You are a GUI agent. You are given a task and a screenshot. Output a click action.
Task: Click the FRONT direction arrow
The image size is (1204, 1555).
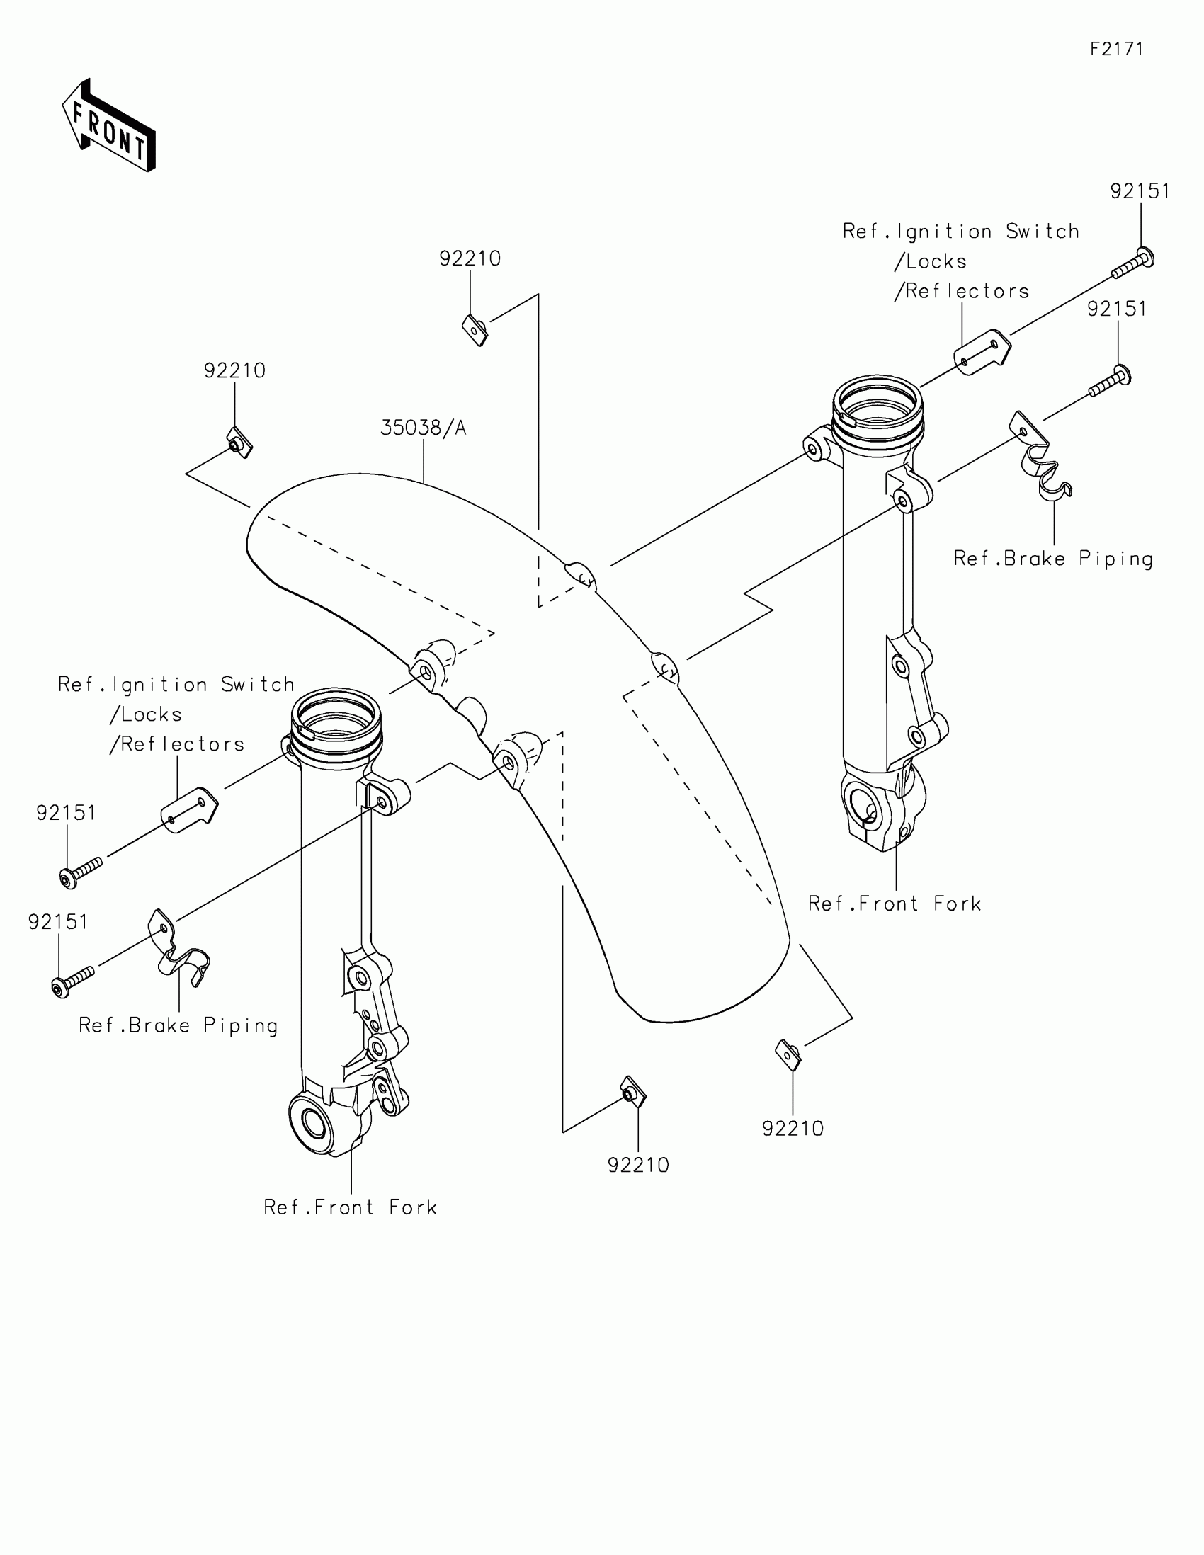coord(109,127)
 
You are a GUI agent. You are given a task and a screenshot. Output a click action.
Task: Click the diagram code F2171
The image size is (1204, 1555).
coord(1116,49)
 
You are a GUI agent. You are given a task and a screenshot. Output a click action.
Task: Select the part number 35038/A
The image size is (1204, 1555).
coord(423,428)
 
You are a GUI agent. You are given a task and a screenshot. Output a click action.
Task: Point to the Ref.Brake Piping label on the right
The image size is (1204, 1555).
coord(1052,559)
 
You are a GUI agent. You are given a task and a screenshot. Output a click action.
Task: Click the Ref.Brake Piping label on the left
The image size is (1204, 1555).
coord(178,1026)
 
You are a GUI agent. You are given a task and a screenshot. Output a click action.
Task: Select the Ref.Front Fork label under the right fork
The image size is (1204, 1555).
coord(895,904)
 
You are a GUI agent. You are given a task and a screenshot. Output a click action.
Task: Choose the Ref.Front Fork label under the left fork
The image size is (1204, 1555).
coord(351,1207)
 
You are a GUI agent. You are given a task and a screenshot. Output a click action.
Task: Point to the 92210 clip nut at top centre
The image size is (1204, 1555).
coord(475,331)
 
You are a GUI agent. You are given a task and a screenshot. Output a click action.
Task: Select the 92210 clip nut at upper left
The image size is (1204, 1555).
coord(239,442)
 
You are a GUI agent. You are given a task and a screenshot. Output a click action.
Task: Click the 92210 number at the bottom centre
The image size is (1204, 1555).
coord(638,1166)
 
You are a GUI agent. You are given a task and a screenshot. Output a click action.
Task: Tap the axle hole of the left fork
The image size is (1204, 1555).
coord(314,1124)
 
